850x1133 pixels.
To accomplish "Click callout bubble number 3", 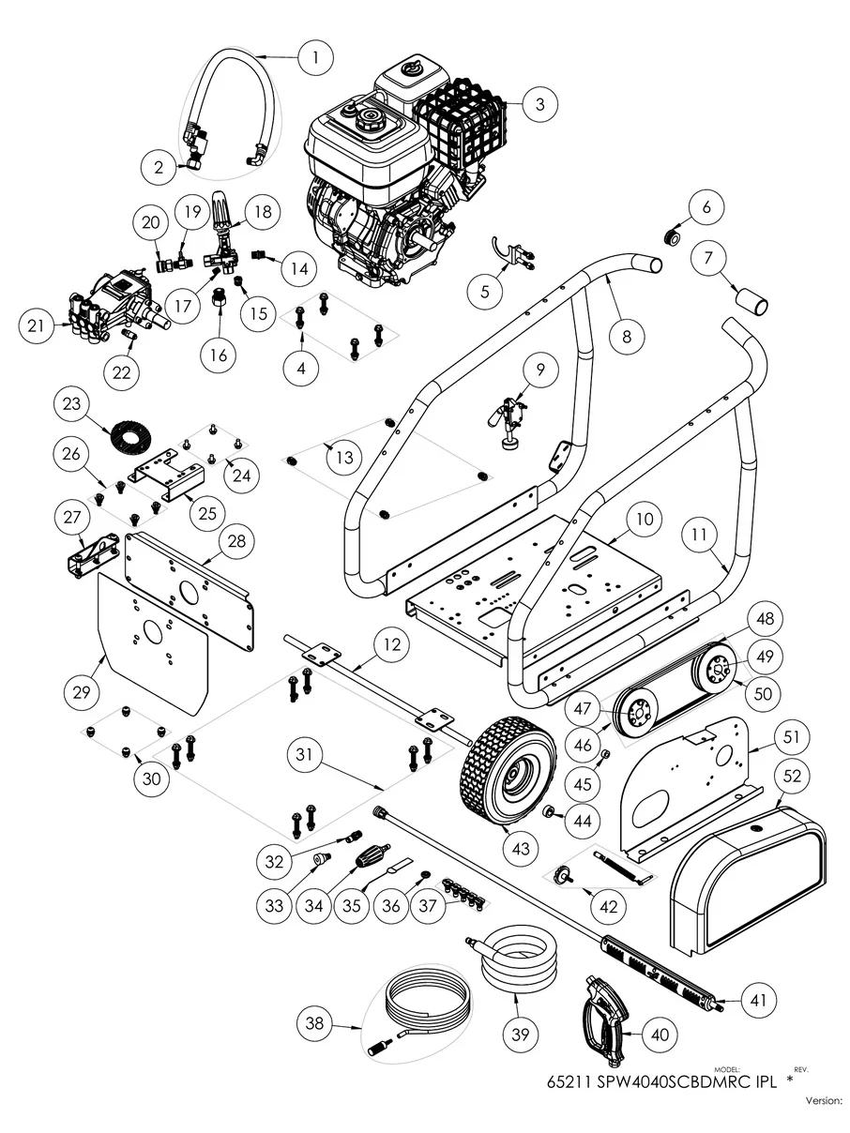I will coord(539,104).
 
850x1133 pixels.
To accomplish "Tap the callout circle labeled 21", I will coord(36,326).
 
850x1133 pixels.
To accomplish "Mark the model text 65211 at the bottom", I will coord(569,1080).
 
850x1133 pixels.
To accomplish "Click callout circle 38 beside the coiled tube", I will coord(315,1024).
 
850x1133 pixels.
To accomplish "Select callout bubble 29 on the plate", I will coord(81,692).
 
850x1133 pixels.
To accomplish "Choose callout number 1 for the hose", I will coord(316,58).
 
